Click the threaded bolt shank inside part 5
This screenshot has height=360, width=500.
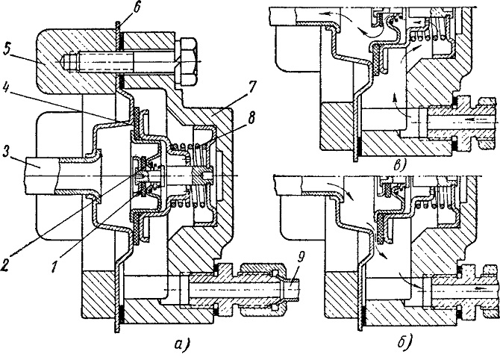pyautogui.click(x=99, y=61)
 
